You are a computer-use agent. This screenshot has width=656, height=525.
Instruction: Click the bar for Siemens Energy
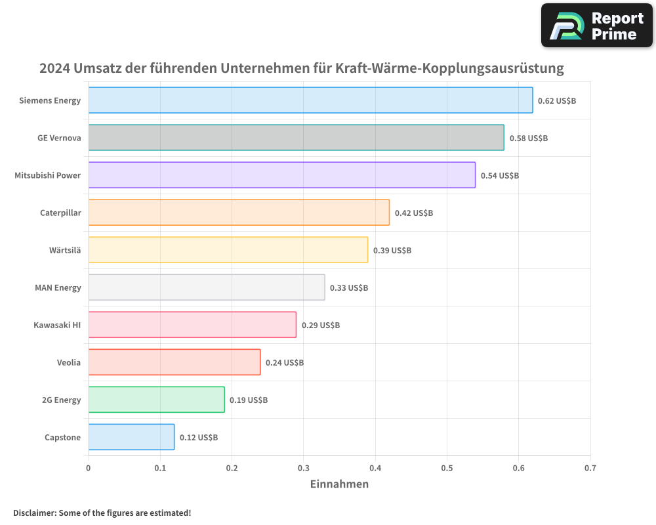(x=310, y=100)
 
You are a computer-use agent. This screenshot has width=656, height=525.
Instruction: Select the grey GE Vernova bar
(x=296, y=138)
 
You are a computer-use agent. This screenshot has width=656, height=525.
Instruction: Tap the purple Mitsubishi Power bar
(x=281, y=175)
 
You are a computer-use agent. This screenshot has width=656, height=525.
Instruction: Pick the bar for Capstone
(x=131, y=437)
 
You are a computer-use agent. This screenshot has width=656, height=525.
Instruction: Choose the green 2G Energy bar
(x=156, y=400)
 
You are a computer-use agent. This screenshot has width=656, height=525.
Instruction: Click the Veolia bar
(x=174, y=362)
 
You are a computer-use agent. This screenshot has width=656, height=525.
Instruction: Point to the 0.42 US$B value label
(x=414, y=213)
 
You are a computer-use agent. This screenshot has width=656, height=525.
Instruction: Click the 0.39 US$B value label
(x=392, y=251)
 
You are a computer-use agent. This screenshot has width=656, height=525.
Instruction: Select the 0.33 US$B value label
(x=349, y=288)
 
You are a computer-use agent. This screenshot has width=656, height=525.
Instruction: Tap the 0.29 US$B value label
(x=321, y=325)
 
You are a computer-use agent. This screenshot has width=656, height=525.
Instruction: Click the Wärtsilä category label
(x=65, y=250)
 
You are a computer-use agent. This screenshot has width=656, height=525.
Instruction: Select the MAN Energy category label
(x=58, y=287)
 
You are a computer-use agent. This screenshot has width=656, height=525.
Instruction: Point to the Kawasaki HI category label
(x=57, y=325)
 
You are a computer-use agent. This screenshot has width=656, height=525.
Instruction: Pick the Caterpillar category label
(x=60, y=213)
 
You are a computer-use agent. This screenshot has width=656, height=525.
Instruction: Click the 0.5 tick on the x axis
(x=447, y=469)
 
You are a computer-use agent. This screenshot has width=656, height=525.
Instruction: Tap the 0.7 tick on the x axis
(x=590, y=469)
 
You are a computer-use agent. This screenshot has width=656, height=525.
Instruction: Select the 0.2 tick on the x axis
(x=232, y=469)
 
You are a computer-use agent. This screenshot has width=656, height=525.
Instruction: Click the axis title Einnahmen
(x=339, y=484)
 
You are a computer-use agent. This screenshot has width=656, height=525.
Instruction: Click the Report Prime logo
(x=597, y=26)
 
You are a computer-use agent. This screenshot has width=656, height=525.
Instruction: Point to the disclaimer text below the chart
(x=102, y=513)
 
